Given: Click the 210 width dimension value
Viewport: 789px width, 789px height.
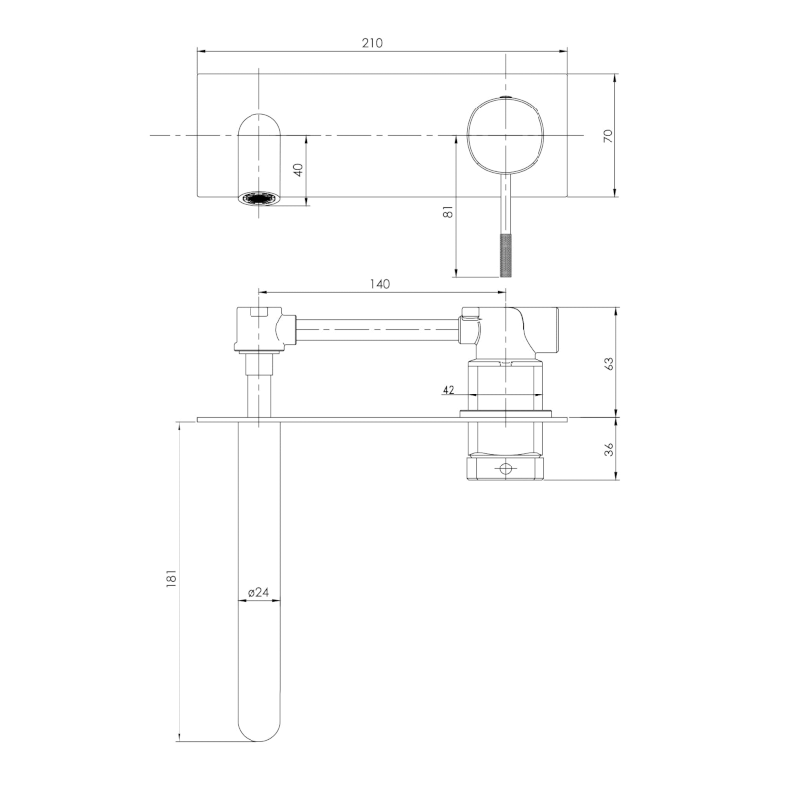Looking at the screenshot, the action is point(372,43).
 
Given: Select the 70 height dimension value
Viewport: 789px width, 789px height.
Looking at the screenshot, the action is point(609,136).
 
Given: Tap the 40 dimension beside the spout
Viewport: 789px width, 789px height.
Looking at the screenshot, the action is point(298,170).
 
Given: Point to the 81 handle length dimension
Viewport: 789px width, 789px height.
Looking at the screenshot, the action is point(448,212).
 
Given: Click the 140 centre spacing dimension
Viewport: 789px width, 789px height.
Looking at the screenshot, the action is point(380,284).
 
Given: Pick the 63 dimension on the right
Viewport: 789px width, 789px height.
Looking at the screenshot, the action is point(609,363).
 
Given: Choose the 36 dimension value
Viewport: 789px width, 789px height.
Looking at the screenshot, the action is point(609,449).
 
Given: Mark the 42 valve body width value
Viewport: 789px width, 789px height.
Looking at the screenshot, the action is point(449,390).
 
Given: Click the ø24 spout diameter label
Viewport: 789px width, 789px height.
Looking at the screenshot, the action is point(258,593).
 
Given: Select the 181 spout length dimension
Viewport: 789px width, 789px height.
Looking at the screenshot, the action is point(171,578).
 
